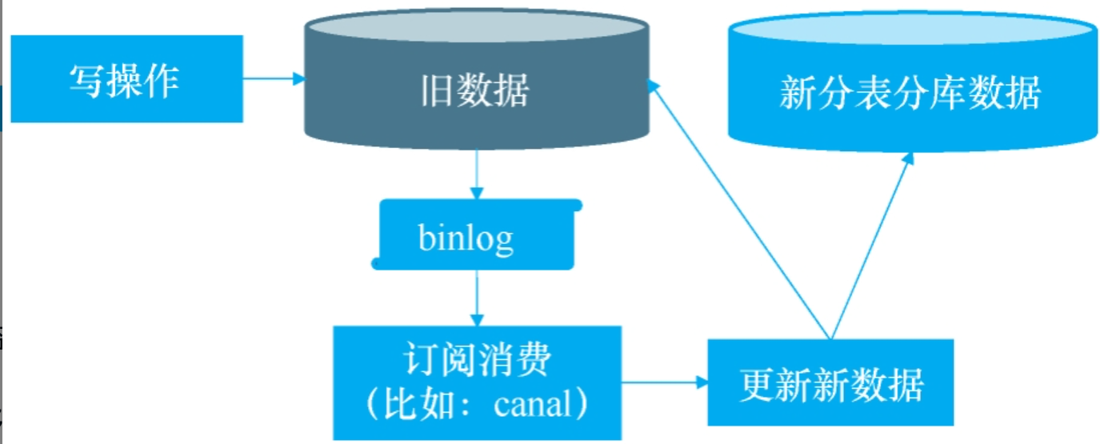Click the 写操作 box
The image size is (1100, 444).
pos(126,78)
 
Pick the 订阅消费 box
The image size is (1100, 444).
pos(477,382)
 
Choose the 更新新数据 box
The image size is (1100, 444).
pos(830,382)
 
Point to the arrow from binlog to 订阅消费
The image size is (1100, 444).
pos(477,296)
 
